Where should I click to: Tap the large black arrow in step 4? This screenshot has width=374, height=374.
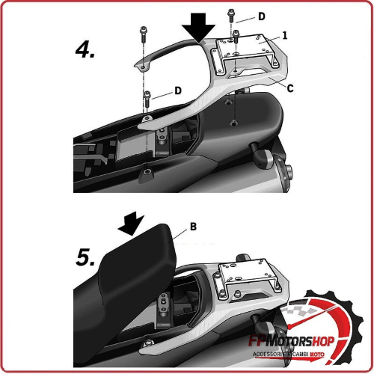click(197, 29)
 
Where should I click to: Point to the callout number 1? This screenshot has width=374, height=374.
click(284, 34)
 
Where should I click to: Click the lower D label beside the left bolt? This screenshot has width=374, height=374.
click(178, 90)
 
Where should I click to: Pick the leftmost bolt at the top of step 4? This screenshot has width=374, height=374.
click(142, 35)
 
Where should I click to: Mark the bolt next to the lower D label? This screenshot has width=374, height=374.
click(148, 96)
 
